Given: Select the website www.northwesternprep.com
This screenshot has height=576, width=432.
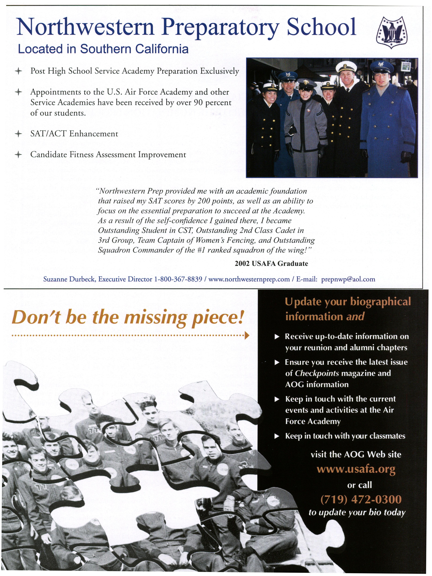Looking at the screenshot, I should pyautogui.click(x=249, y=279).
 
